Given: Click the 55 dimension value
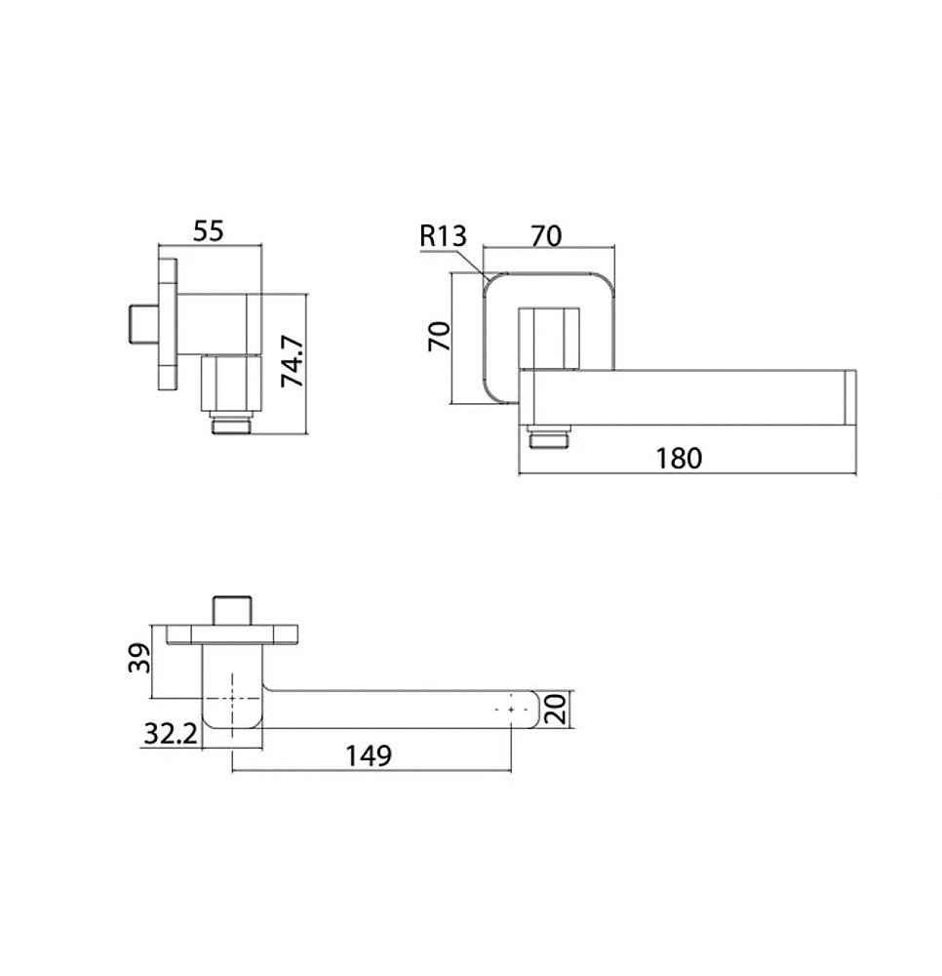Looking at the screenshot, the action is [208, 231].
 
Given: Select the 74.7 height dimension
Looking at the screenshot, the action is [292, 361].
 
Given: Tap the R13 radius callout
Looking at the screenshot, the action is [443, 236].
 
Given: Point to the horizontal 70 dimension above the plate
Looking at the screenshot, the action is [546, 236].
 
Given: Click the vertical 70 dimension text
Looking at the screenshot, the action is [439, 336].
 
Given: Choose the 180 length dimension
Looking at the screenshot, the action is [679, 458].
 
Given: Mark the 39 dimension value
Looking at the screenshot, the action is [139, 658].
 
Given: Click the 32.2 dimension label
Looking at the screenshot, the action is [171, 734].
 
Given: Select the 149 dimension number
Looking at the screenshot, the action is [369, 755].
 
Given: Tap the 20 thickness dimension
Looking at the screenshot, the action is [555, 709].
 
